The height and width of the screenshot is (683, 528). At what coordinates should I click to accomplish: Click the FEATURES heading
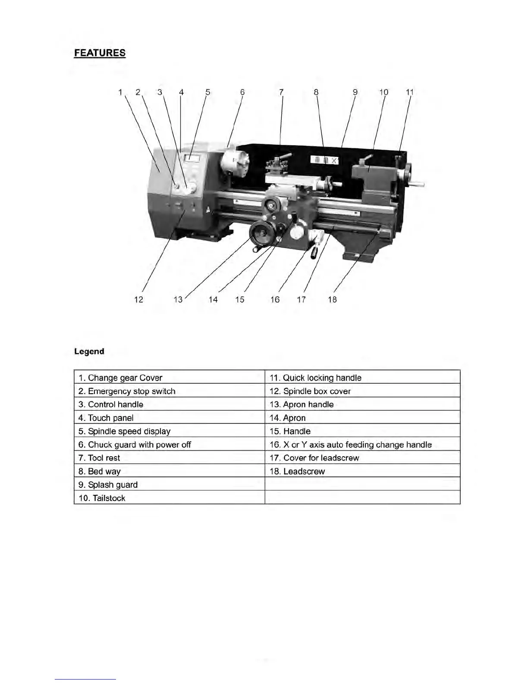(x=100, y=53)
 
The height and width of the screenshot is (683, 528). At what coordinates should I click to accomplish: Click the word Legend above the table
(x=89, y=351)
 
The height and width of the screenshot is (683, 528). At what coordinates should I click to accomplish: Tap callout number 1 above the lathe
(x=121, y=92)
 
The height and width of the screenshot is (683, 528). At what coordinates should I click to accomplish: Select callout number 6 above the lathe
(x=242, y=92)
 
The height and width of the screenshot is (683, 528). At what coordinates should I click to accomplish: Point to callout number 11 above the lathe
(x=410, y=92)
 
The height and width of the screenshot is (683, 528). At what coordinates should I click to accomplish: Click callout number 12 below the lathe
(x=138, y=299)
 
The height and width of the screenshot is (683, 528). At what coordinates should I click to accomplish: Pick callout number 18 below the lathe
(x=332, y=299)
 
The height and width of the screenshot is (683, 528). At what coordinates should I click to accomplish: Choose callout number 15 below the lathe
(x=240, y=299)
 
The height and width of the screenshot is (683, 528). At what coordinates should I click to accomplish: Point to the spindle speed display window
(x=191, y=159)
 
